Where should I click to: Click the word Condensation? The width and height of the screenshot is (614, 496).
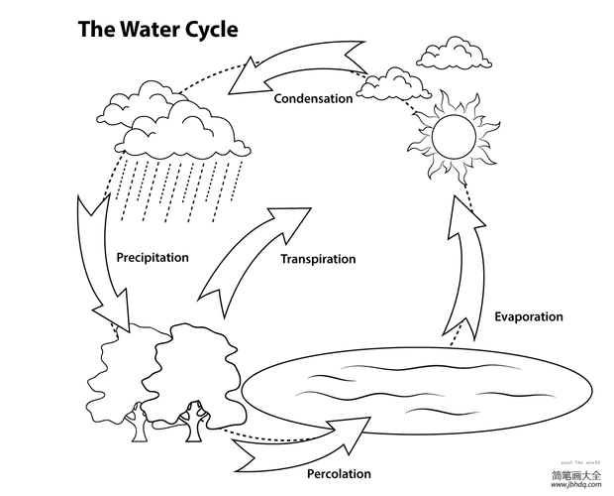pyautogui.click(x=313, y=98)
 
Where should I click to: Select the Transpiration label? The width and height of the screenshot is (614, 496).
pyautogui.click(x=318, y=259)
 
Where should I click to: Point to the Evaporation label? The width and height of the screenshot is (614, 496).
pyautogui.click(x=528, y=316)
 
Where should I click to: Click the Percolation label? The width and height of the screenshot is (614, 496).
pyautogui.click(x=339, y=473)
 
